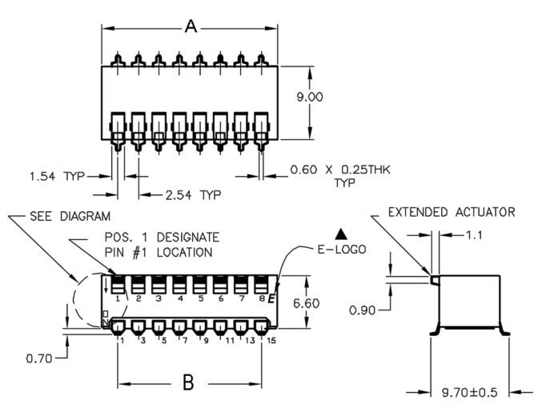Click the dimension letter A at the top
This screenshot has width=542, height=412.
191,26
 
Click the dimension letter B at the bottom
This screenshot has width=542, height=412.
188,383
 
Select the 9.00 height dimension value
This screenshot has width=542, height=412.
310,97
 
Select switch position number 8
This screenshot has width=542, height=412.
263,298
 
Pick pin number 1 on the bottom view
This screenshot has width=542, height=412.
120,340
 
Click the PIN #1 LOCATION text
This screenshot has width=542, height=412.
158,252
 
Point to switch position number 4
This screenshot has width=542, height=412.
179,298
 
